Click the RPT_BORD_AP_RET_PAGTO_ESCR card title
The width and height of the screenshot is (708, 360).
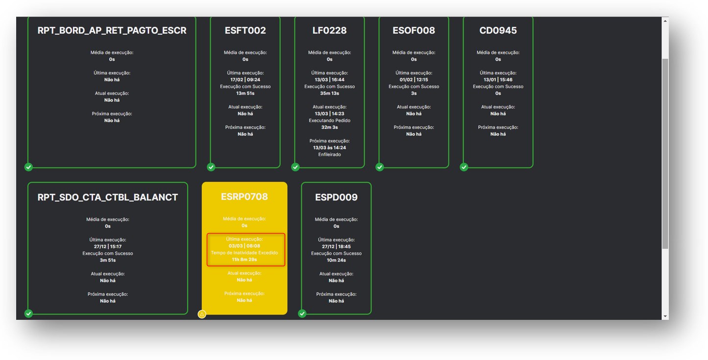coord(112,30)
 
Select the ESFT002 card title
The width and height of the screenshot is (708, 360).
coord(245,30)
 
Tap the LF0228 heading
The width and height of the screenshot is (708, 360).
coord(329,30)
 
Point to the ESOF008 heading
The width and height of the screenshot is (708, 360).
coord(414,30)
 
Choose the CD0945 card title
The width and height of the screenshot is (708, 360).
coord(498,30)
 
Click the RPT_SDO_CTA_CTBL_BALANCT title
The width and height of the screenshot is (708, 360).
coord(108,197)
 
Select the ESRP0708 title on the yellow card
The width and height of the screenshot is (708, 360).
coord(244,196)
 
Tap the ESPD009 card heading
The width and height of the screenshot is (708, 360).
coord(336,197)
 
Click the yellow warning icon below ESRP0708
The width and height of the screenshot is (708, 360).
coord(202,314)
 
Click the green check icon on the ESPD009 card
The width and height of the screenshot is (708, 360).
coord(302,313)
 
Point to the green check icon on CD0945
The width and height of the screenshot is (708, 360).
coord(464,167)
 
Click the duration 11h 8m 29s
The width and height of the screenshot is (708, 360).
coord(244,260)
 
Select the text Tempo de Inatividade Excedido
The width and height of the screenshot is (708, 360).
coord(244,253)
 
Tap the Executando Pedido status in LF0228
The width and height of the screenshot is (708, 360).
coord(329,120)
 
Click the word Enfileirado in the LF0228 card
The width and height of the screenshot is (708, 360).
coord(329,154)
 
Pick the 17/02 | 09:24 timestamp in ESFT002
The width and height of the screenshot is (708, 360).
coord(245,80)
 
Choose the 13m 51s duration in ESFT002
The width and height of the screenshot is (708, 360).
coord(245,93)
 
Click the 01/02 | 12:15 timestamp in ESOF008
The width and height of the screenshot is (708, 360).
coord(414,80)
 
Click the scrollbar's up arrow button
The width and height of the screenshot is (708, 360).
coord(665,21)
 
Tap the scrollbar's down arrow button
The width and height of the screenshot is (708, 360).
coord(665,316)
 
